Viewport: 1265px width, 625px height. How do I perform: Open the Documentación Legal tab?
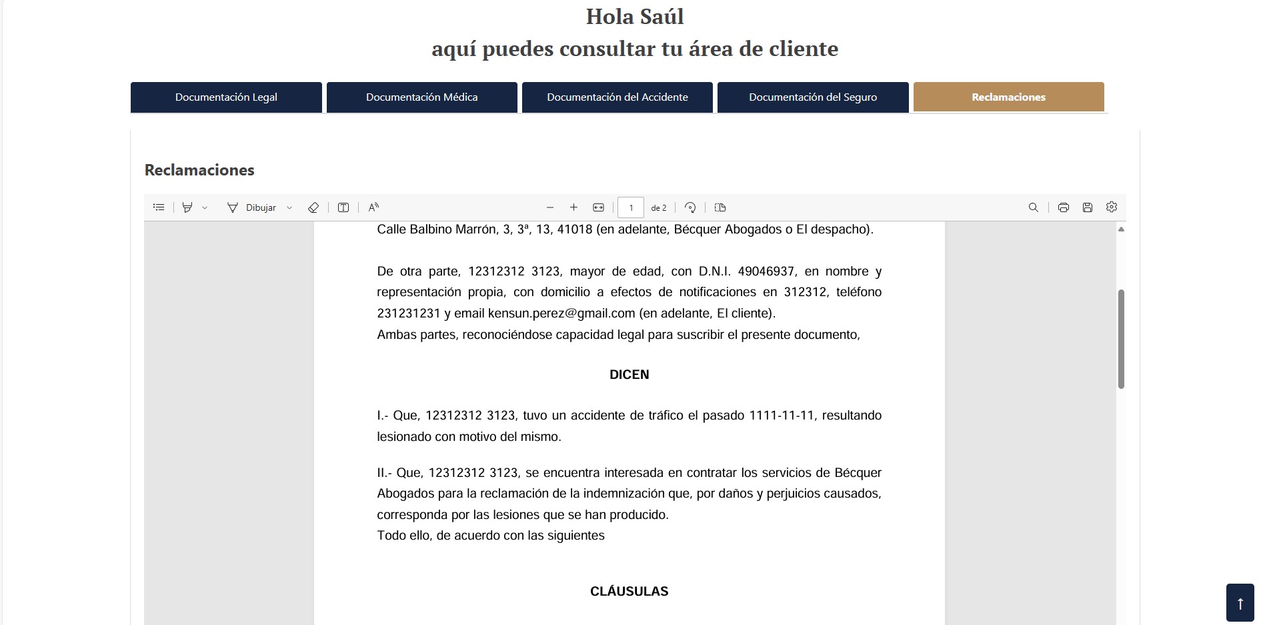pyautogui.click(x=226, y=97)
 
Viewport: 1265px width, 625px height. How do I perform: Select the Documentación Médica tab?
pyautogui.click(x=421, y=97)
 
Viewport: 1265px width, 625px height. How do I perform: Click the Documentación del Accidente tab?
pyautogui.click(x=617, y=97)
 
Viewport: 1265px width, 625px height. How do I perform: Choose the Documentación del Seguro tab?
pyautogui.click(x=812, y=97)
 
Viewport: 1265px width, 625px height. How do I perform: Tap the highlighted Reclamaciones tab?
pyautogui.click(x=1008, y=97)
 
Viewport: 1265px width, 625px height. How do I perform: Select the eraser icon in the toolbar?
pyautogui.click(x=313, y=207)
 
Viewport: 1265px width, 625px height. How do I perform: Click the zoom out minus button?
pyautogui.click(x=550, y=207)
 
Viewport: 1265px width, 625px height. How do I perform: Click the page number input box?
pyautogui.click(x=631, y=207)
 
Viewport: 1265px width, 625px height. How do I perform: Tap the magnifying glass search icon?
pyautogui.click(x=1033, y=207)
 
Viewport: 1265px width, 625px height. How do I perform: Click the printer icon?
pyautogui.click(x=1063, y=207)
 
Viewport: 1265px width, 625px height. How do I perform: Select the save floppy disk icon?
pyautogui.click(x=1087, y=207)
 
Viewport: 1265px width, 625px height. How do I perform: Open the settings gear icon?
pyautogui.click(x=1111, y=207)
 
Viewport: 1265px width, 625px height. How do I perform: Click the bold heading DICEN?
pyautogui.click(x=629, y=375)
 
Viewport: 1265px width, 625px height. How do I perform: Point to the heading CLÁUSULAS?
pyautogui.click(x=629, y=592)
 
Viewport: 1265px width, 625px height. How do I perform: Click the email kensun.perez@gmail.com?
pyautogui.click(x=561, y=314)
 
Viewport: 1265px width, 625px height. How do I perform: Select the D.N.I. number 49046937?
pyautogui.click(x=766, y=271)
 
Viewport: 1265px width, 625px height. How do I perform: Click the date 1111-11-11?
pyautogui.click(x=782, y=416)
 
